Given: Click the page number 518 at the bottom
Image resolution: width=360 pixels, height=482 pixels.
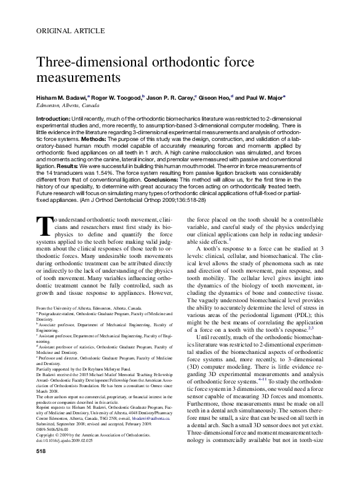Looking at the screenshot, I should click(42, 469).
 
